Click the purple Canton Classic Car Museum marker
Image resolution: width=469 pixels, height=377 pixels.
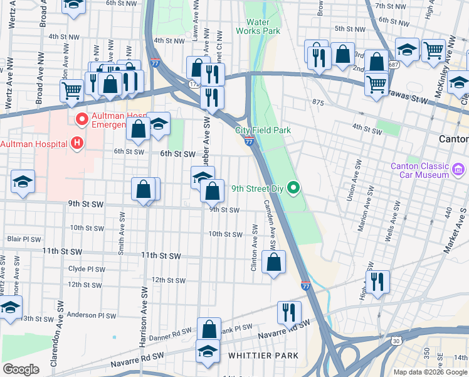click(458, 168)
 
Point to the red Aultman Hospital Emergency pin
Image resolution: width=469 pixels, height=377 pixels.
click(81, 118)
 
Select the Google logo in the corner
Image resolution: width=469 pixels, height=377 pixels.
click(21, 369)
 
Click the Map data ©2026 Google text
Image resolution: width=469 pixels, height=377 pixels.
click(429, 372)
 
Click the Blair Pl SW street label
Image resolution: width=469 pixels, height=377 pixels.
click(24, 239)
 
